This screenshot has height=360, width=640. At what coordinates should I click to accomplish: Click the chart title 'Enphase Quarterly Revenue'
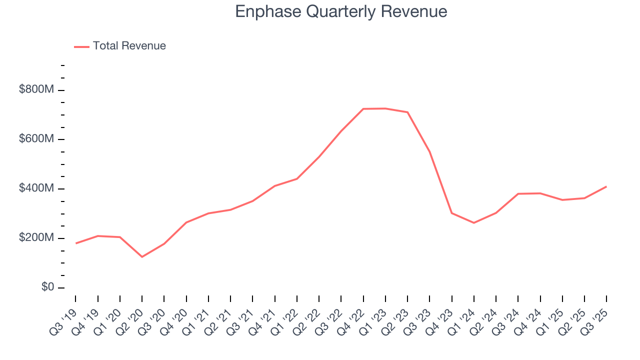click(x=341, y=11)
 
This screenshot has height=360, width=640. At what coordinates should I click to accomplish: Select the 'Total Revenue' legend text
click(x=129, y=46)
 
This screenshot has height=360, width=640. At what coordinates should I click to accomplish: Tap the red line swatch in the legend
click(x=81, y=46)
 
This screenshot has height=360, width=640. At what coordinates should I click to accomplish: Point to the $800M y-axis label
click(x=36, y=90)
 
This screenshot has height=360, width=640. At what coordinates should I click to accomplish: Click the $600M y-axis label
click(x=36, y=139)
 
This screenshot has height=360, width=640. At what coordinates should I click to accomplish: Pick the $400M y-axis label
click(x=36, y=188)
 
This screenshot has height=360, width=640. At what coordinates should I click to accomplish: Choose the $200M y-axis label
click(x=36, y=238)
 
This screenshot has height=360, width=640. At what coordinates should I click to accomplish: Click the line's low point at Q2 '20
click(x=142, y=257)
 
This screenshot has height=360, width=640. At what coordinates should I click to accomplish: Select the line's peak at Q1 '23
click(x=385, y=108)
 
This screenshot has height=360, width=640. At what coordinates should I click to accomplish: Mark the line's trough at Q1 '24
click(x=473, y=223)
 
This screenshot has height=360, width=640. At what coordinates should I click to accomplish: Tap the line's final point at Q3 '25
click(x=606, y=186)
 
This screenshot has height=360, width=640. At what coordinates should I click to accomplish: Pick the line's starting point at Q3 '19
click(x=76, y=243)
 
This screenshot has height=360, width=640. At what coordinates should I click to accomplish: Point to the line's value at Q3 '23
click(x=429, y=152)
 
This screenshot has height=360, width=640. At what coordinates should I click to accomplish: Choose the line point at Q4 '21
click(x=274, y=186)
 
